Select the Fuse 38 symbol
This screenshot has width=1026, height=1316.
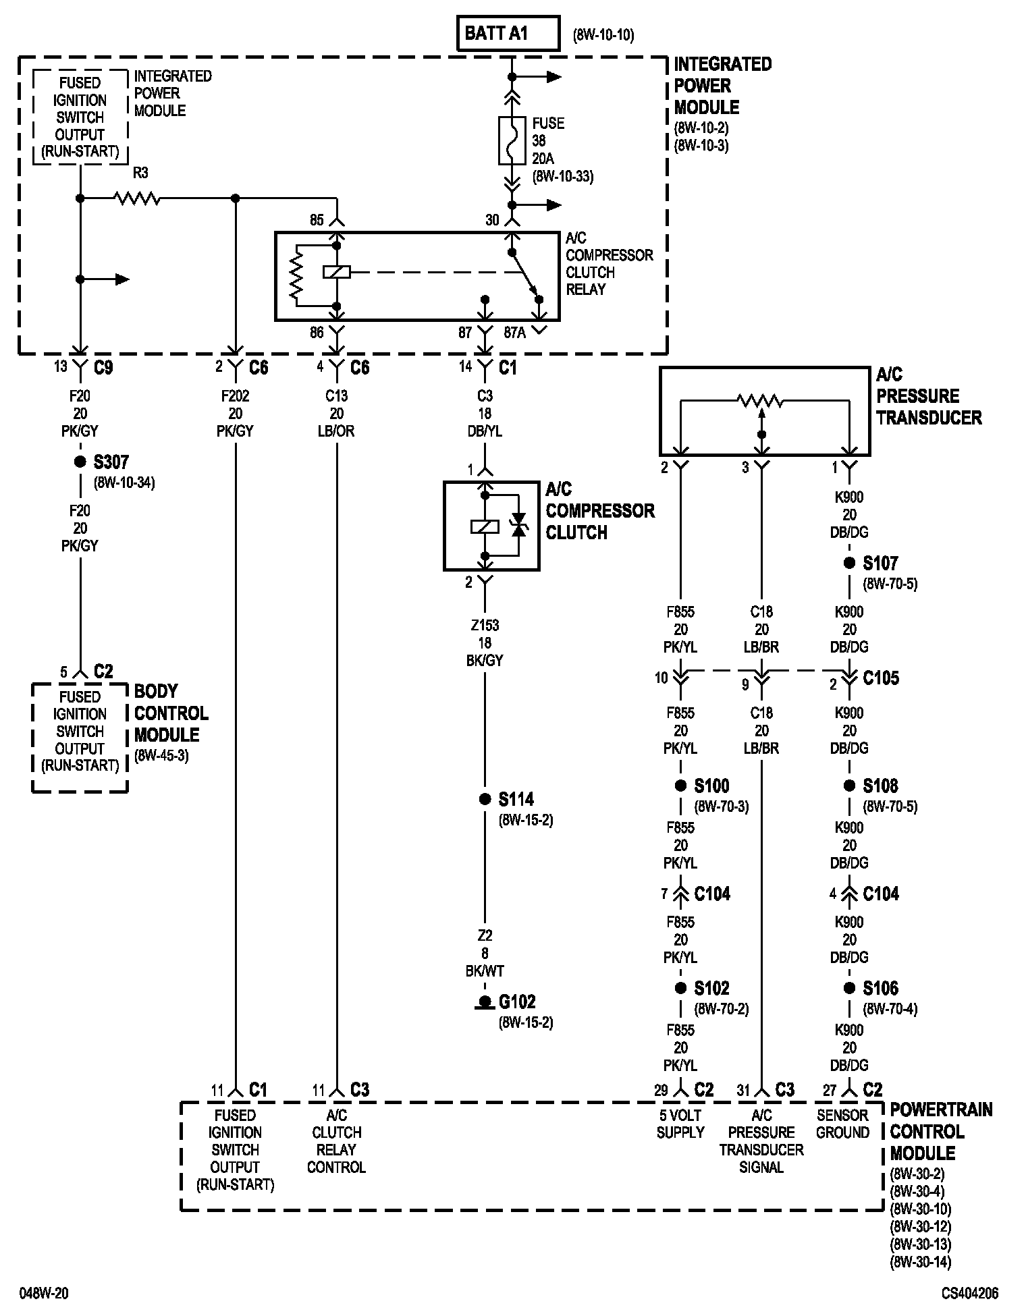512,140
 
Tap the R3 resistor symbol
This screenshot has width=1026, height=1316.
138,198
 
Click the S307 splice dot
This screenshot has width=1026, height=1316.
80,462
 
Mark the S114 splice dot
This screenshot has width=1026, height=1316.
484,799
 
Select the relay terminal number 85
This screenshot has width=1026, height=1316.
317,220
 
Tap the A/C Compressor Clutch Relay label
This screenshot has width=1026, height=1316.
609,264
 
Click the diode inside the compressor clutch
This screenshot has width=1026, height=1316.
518,525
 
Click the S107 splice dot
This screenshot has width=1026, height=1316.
849,563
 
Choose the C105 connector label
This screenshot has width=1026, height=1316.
881,678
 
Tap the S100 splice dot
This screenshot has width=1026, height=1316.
680,786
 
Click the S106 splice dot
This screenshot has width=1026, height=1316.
849,988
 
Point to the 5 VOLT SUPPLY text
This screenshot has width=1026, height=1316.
680,1124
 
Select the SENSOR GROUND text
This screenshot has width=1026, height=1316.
842,1124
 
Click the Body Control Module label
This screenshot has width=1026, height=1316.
171,713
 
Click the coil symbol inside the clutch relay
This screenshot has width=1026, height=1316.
336,272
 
